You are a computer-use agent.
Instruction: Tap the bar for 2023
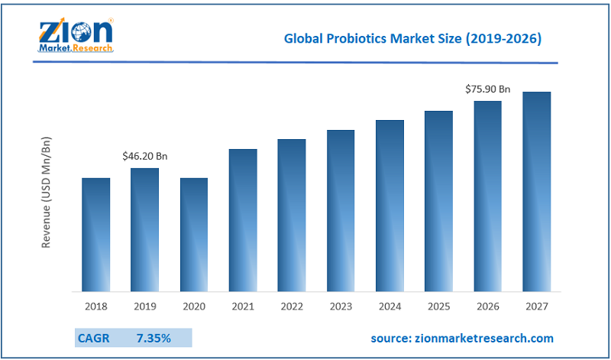341,210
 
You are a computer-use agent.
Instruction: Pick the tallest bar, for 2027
537,191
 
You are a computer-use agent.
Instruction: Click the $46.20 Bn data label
144,156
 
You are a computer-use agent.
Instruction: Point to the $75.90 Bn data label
488,89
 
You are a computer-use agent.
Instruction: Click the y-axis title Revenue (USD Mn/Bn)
47,192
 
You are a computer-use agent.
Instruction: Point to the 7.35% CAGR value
154,337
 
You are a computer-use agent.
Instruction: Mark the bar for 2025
439,201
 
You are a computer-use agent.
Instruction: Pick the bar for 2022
292,215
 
